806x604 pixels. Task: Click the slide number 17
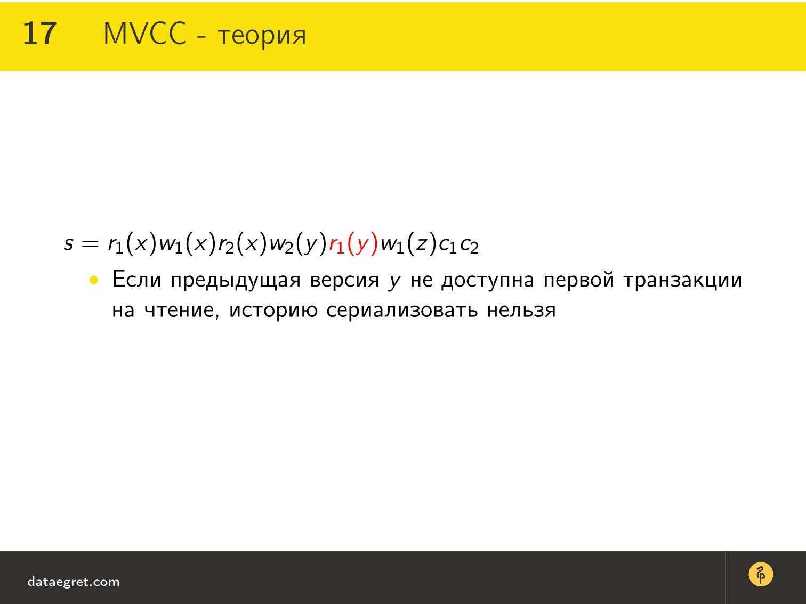point(39,34)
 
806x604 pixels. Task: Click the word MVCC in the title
point(144,34)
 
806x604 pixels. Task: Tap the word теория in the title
point(262,36)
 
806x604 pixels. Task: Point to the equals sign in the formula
point(90,243)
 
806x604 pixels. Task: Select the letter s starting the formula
point(68,243)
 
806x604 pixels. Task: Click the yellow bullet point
point(94,281)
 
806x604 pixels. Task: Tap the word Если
point(136,280)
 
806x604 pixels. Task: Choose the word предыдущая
point(236,281)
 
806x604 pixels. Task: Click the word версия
point(344,281)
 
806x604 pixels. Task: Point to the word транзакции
point(683,281)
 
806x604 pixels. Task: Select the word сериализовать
point(402,311)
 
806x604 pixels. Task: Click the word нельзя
point(521,311)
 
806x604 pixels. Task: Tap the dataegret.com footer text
point(74,582)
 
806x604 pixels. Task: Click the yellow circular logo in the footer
point(761,574)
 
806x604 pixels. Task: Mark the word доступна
point(488,281)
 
